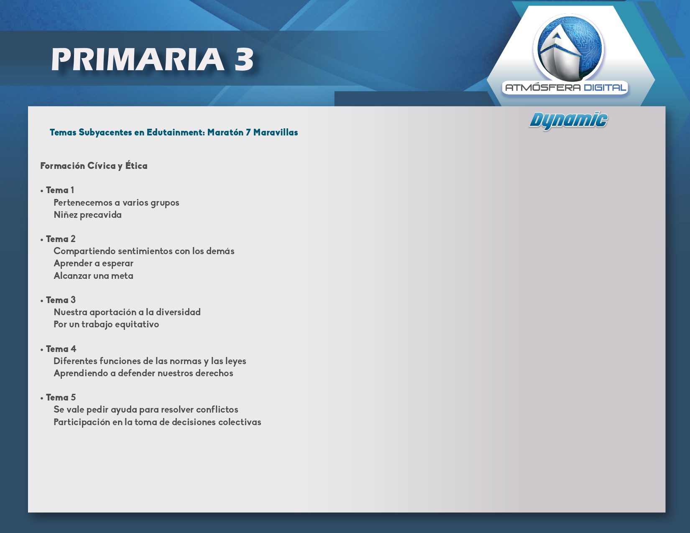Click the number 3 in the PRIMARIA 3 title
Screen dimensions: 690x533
(x=244, y=59)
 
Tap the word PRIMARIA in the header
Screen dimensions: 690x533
(x=138, y=59)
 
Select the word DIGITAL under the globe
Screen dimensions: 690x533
(x=605, y=87)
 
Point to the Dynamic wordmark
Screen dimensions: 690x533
(x=568, y=121)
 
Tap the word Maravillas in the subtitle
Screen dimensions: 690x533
(x=275, y=133)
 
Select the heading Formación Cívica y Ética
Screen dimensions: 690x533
(x=94, y=166)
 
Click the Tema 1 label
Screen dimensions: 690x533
(x=60, y=190)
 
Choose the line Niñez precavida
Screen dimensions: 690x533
(x=88, y=215)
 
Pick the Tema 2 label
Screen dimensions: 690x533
(x=61, y=239)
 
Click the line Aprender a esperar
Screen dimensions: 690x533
(x=93, y=263)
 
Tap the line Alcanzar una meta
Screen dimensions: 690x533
(x=93, y=275)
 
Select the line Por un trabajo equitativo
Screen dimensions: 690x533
(x=106, y=324)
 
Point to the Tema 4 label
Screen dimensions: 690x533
(x=61, y=349)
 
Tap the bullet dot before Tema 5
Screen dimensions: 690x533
(x=42, y=398)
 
